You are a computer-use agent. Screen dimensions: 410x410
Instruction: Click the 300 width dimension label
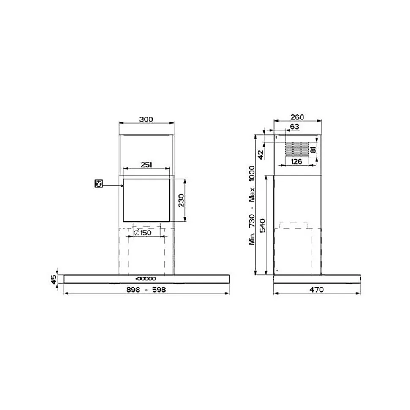pos(146,119)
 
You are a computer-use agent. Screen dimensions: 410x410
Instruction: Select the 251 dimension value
pos(146,165)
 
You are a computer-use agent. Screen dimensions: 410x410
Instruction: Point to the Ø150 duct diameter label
pos(142,233)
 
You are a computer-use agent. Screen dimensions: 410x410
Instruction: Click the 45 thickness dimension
pos(54,280)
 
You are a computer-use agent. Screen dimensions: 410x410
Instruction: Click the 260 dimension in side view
pos(298,117)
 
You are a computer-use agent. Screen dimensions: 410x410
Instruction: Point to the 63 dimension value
pos(295,126)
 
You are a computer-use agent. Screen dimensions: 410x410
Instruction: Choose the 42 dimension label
pos(261,154)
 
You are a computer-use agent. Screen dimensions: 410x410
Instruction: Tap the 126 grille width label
pos(296,161)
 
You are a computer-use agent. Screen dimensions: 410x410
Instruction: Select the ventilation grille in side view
pos(296,149)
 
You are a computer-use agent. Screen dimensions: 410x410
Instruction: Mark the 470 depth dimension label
pos(316,289)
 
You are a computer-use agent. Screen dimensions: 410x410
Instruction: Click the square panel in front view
pos(147,200)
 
